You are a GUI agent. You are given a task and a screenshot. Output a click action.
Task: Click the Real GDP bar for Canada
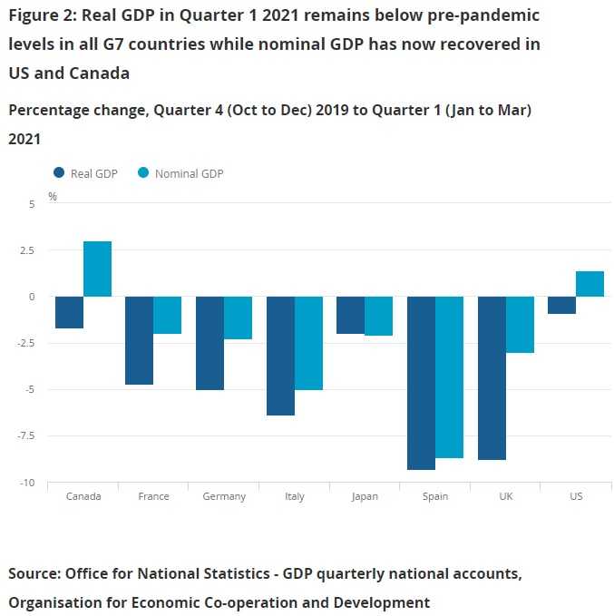tap(70, 312)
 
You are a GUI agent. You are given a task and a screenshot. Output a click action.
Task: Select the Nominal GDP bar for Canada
tap(97, 269)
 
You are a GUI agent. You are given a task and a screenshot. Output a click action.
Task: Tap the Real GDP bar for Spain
tap(421, 383)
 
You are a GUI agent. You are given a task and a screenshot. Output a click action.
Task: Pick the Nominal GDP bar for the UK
tap(520, 325)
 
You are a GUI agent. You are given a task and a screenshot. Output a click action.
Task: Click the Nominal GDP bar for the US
tap(590, 284)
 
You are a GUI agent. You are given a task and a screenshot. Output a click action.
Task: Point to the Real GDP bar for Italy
tap(280, 356)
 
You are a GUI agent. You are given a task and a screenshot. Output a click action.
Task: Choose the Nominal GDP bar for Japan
tap(379, 316)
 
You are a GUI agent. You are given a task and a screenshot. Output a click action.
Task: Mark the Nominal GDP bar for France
tap(168, 315)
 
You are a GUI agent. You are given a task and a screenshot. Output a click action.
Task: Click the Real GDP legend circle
tap(60, 173)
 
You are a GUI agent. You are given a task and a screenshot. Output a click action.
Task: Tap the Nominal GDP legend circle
tap(143, 173)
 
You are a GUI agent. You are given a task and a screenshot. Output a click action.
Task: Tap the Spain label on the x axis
tap(434, 496)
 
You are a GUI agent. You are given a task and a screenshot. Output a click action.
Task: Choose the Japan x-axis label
tap(365, 496)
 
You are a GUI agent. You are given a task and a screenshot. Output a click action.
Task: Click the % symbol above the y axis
tap(52, 196)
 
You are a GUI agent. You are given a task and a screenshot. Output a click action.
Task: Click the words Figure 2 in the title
tap(40, 15)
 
